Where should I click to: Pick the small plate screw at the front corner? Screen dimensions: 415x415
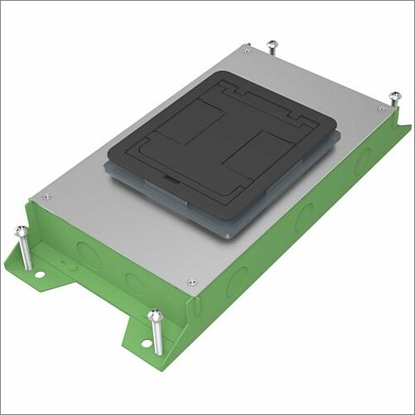[191, 281]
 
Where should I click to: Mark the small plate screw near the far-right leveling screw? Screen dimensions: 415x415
[380, 108]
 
